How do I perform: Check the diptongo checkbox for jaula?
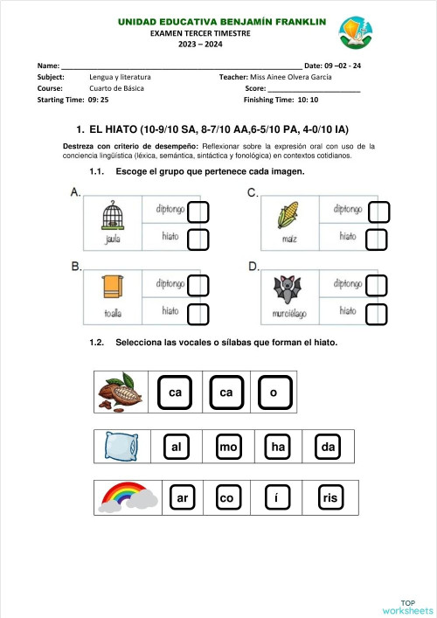tap(198, 212)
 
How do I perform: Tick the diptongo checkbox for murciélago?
tap(377, 286)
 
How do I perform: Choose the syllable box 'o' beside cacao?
tap(274, 393)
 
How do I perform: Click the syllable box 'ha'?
tap(279, 448)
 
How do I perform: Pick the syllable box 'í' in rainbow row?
tap(276, 498)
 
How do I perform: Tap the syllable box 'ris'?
tap(329, 498)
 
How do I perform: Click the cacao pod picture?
tap(119, 392)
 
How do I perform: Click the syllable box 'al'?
tap(177, 448)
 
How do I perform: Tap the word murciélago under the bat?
tap(287, 311)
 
